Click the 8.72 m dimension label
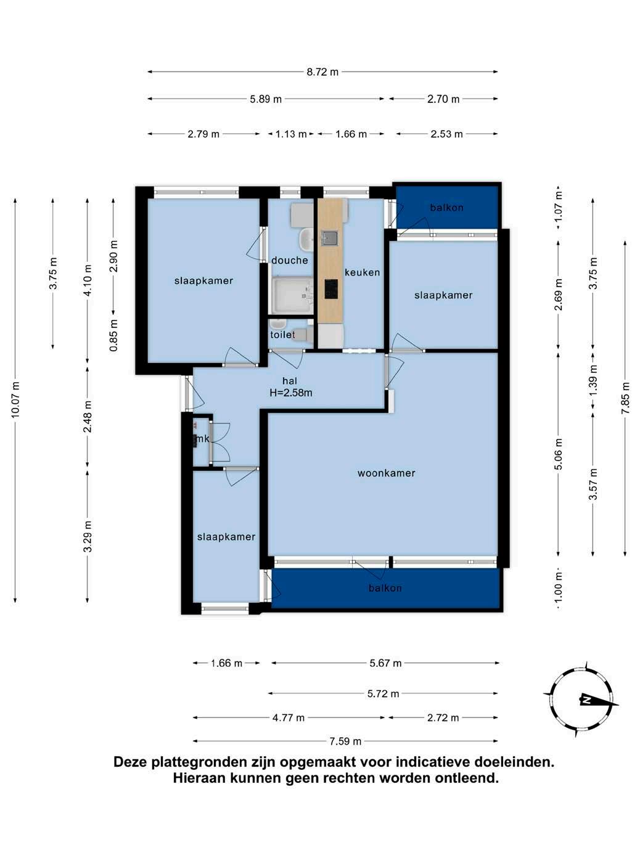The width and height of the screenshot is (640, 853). pos(322,72)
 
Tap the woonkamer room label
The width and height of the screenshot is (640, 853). pos(386,473)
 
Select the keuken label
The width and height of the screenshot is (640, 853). pos(362,272)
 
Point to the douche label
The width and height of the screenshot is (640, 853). pos(290,260)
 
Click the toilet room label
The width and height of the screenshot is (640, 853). pos(282,334)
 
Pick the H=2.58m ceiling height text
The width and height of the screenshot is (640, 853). pos(291,393)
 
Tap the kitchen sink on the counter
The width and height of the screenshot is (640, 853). pos(329,239)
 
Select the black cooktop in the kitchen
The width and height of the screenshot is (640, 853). pos(330,288)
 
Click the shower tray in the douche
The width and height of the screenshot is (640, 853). pos(292,295)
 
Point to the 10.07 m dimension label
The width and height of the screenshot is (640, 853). pos(15,400)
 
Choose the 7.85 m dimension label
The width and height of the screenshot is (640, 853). pos(625,398)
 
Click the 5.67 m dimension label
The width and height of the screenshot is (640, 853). pos(385,663)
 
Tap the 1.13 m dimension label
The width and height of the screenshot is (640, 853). pos(291,134)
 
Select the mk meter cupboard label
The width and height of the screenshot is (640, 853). pos(203,439)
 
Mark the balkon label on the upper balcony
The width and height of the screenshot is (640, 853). pos(446,208)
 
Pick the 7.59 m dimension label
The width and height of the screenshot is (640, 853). pos(345,741)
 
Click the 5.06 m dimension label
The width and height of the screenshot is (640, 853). pos(559,454)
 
